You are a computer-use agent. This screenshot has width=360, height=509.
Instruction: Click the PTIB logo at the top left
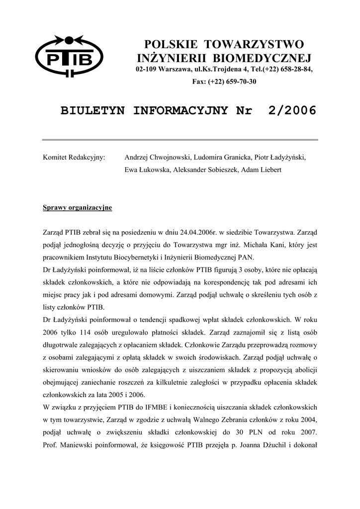point(69,56)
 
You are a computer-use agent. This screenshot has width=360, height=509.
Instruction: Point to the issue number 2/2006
point(291,110)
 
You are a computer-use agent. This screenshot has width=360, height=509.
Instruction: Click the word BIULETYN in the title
point(93,110)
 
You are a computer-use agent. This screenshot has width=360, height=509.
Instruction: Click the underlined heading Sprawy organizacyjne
point(78,207)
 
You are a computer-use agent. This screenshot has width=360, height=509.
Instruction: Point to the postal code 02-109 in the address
point(146,69)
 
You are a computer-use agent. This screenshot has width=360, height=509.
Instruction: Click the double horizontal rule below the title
point(180,140)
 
